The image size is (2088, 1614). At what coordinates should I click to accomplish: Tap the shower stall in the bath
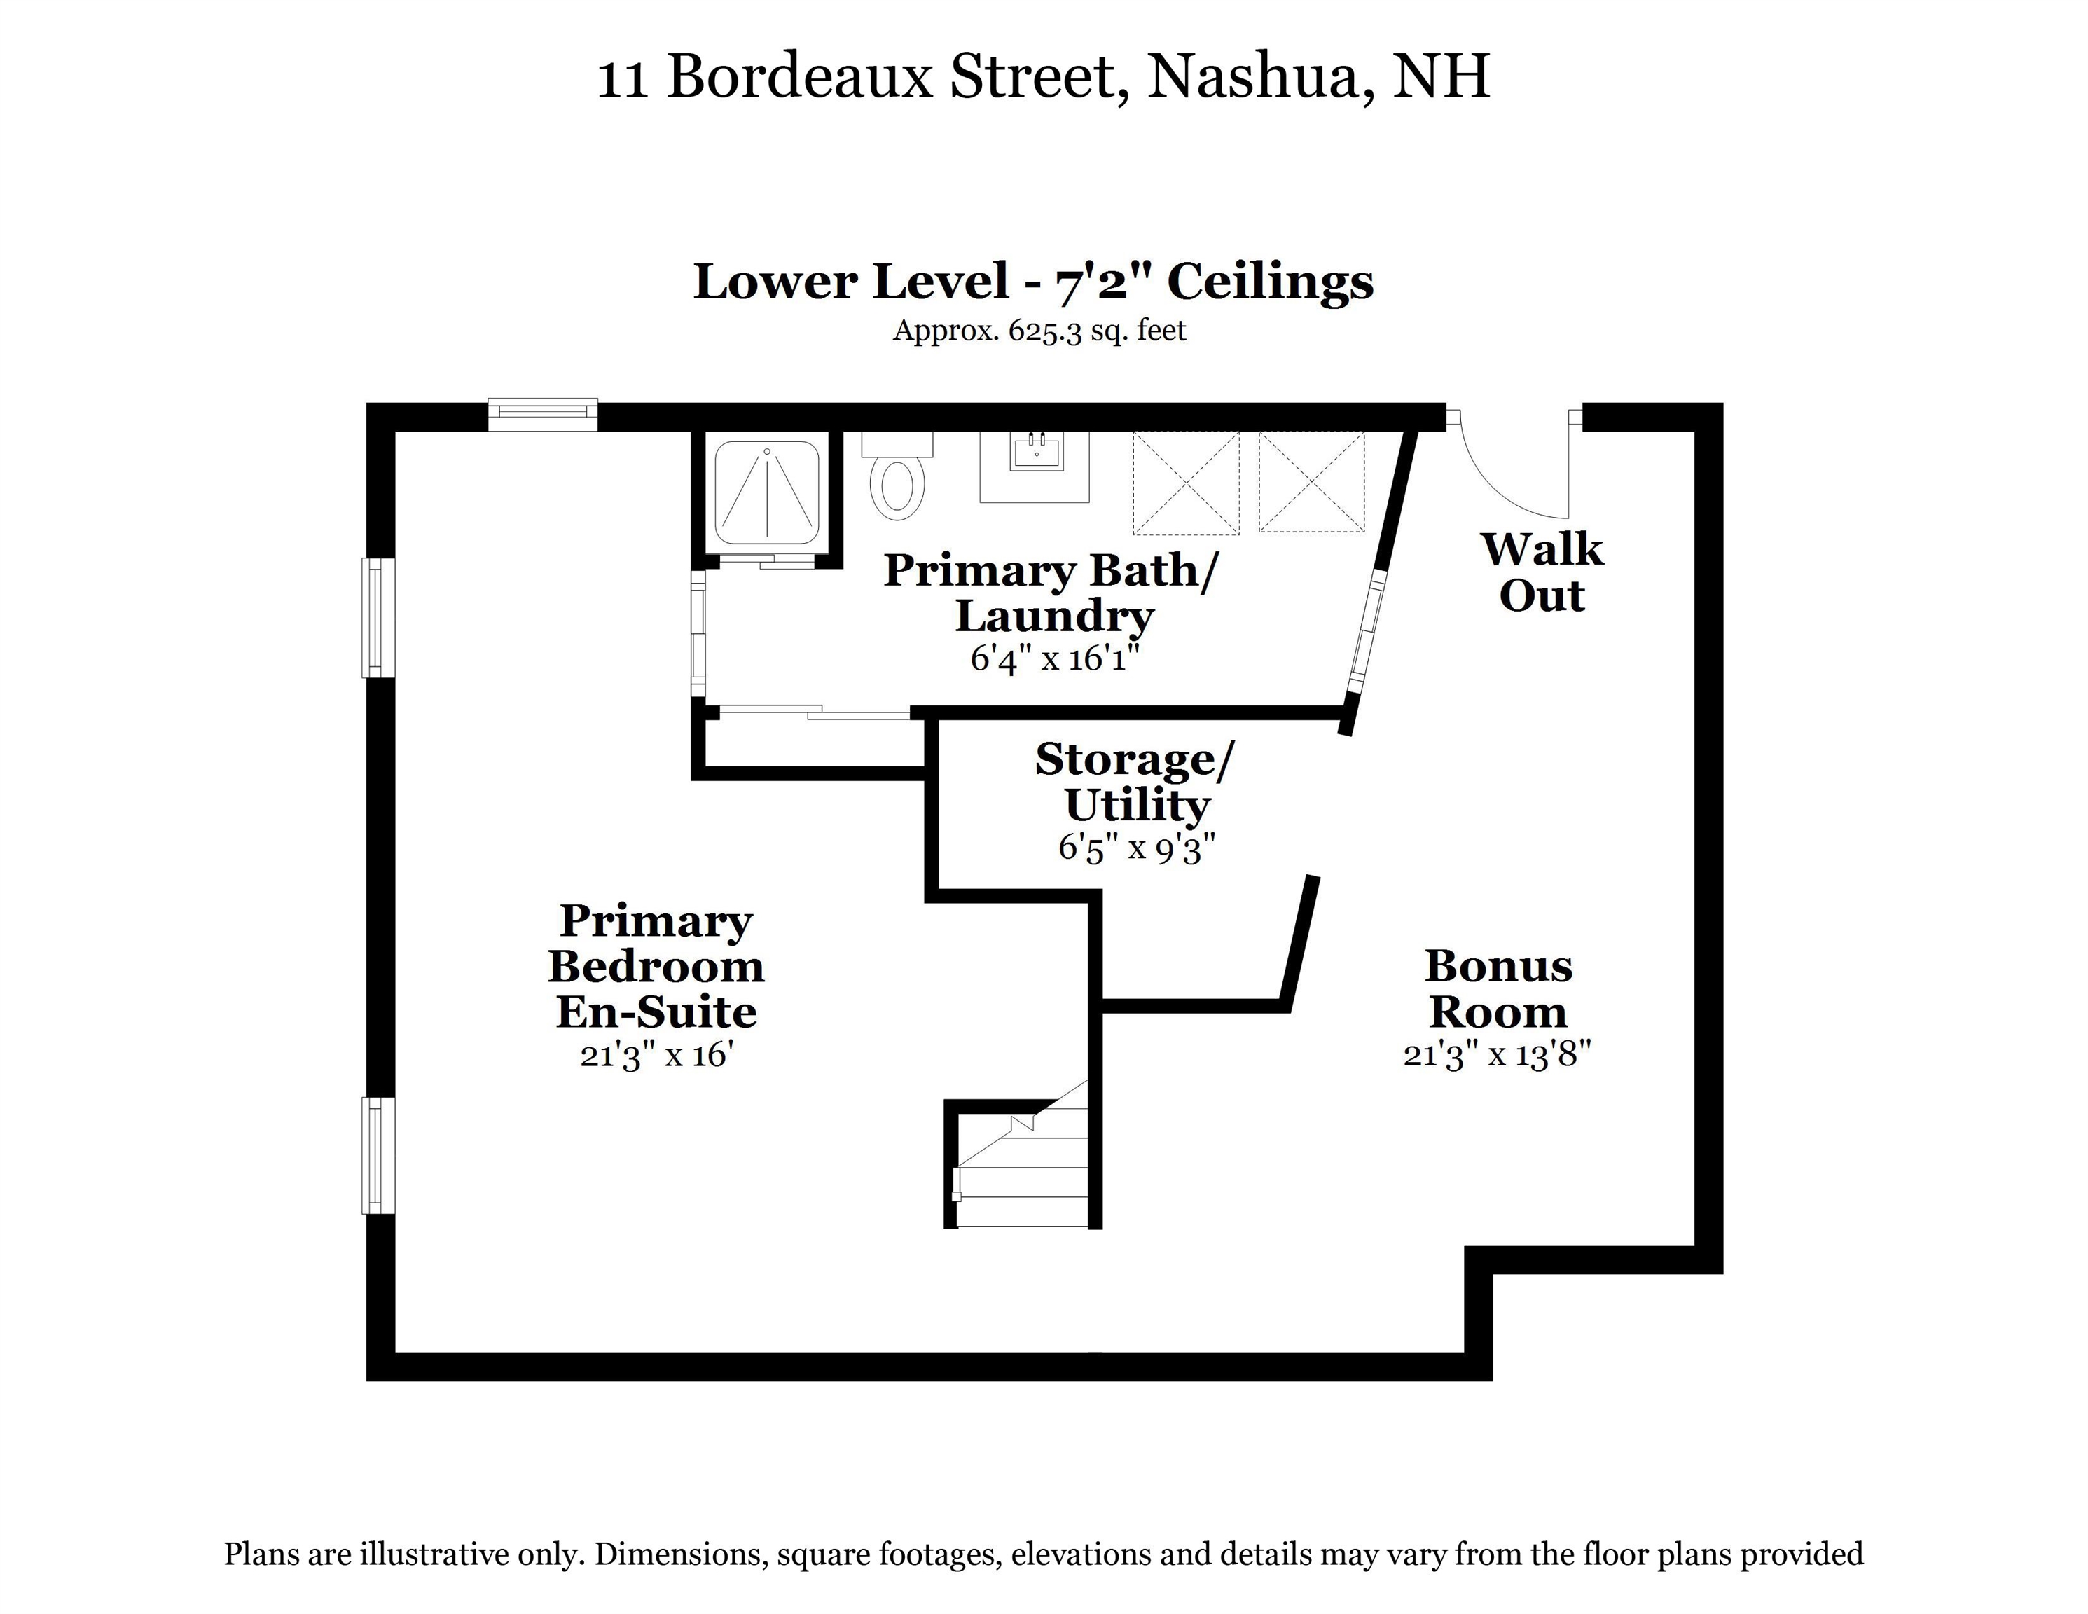767,495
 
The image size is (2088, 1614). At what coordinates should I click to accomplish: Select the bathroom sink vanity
1035,467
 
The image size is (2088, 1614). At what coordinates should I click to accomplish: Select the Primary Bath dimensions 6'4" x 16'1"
1056,658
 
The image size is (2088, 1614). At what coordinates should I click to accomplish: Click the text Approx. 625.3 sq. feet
1039,331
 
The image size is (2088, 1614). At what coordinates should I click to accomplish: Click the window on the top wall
543,414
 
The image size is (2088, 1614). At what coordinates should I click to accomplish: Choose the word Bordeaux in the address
799,76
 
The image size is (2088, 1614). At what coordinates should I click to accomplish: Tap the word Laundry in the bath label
1055,616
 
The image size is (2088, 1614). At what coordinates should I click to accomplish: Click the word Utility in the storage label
1137,806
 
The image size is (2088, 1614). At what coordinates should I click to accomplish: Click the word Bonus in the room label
1498,966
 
